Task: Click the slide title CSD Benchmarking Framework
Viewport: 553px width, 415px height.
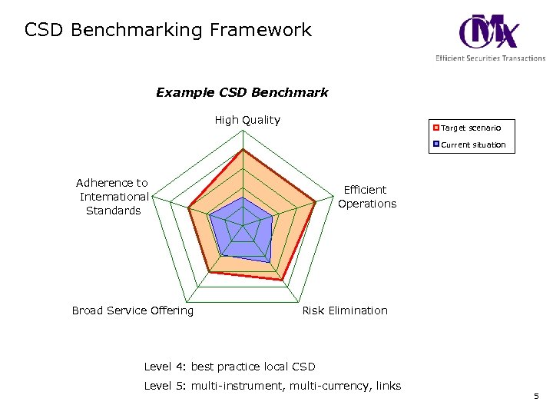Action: tap(168, 30)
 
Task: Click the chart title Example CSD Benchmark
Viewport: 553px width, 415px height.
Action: tap(242, 92)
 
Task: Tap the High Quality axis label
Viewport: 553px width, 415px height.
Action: tap(247, 120)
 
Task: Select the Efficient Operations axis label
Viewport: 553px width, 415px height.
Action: tap(367, 197)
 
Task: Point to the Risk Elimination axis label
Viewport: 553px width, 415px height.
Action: tap(345, 310)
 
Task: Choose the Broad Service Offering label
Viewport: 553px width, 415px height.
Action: tap(133, 310)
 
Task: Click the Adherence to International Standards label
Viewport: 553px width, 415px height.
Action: tap(112, 197)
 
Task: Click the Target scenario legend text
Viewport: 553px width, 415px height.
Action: tap(471, 128)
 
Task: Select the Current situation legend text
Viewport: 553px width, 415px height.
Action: tap(473, 144)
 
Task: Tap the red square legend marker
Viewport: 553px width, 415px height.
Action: tap(436, 128)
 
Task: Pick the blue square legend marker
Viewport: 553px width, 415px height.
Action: tap(436, 144)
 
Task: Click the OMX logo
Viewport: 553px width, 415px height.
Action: tap(488, 32)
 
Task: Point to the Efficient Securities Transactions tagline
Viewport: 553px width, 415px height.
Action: tap(490, 58)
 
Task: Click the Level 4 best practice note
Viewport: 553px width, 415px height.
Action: tap(230, 367)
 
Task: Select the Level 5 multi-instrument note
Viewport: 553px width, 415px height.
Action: tap(273, 386)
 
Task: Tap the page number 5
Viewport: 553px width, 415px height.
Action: tap(536, 397)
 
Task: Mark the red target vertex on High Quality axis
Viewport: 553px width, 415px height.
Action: tap(243, 150)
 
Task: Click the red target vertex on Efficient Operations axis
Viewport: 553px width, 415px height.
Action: tap(316, 203)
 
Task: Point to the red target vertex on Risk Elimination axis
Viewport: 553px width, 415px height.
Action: tap(283, 280)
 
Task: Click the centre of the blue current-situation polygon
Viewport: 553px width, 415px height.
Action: tap(243, 228)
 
